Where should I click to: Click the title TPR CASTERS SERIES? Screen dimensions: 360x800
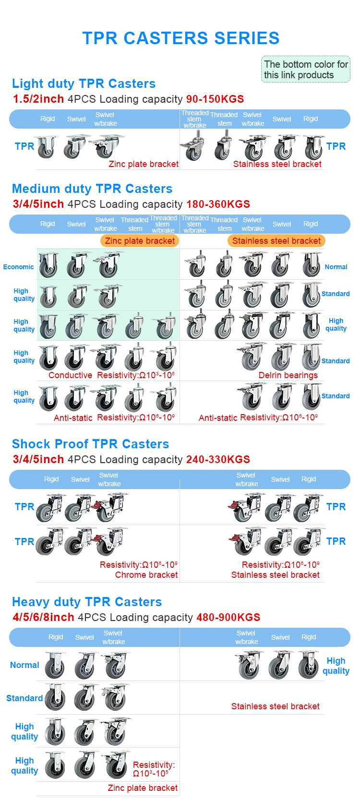click(x=180, y=38)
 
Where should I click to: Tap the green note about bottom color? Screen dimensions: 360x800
click(x=306, y=69)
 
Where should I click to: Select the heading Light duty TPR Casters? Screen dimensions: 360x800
click(x=84, y=84)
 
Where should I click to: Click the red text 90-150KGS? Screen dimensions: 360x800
click(x=215, y=99)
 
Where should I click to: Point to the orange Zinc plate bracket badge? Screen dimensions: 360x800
click(x=140, y=241)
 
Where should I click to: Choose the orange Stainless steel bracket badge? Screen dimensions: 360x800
click(x=276, y=241)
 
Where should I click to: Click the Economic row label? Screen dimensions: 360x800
click(x=19, y=267)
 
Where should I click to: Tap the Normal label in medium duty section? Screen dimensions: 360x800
click(x=336, y=267)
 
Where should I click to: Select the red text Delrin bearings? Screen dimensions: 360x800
click(x=288, y=375)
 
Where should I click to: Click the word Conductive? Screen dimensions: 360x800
click(x=71, y=375)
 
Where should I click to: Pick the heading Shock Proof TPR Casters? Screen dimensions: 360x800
click(x=91, y=444)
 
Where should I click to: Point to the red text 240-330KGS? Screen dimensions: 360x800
click(x=218, y=459)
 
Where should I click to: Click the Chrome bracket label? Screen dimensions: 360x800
click(x=146, y=574)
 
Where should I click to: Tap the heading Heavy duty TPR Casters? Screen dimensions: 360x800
click(x=87, y=602)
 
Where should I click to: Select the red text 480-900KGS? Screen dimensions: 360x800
click(x=228, y=617)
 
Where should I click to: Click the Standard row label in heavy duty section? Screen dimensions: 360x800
click(x=24, y=698)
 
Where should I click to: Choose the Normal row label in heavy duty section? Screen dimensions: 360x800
click(x=24, y=665)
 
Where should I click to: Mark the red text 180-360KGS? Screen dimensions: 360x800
click(x=218, y=204)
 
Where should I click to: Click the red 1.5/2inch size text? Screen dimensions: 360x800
click(x=38, y=99)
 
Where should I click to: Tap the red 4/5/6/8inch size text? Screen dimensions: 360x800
click(x=44, y=617)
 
